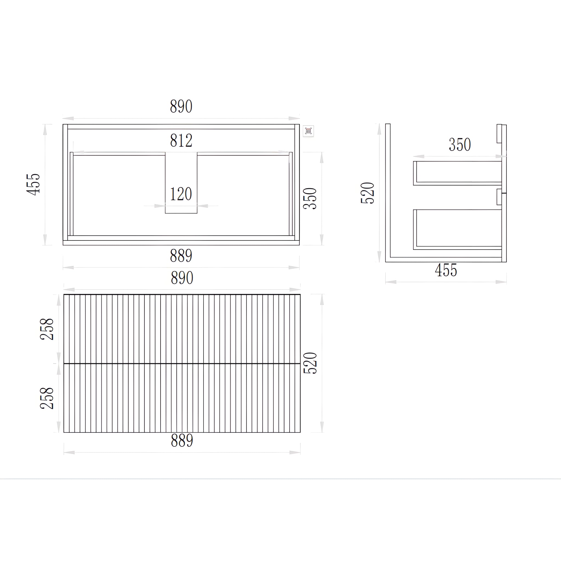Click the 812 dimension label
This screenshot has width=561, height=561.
coord(181,141)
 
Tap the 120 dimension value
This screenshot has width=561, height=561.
coord(181,194)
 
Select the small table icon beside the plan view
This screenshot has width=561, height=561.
coord(308,131)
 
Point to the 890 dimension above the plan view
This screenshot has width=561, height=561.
coord(181,107)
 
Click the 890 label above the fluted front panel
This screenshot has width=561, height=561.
coord(182,278)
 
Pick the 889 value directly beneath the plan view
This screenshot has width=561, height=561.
coord(181,256)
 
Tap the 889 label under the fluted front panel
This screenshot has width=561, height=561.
coord(182,440)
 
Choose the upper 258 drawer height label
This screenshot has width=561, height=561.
coord(47,329)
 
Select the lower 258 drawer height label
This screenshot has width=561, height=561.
coord(47,398)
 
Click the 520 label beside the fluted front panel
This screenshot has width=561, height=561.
coord(310,363)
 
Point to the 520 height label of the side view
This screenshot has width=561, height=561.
coord(368,193)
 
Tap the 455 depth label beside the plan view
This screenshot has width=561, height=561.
coord(33,184)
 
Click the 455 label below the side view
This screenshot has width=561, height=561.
coord(446,270)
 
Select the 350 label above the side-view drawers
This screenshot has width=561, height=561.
coord(460,145)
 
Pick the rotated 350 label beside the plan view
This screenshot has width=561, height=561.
coord(310,199)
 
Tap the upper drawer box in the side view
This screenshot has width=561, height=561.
coord(458,173)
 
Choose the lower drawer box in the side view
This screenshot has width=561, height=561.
coord(458,229)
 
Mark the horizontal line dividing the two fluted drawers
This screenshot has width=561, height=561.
coord(182,363)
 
